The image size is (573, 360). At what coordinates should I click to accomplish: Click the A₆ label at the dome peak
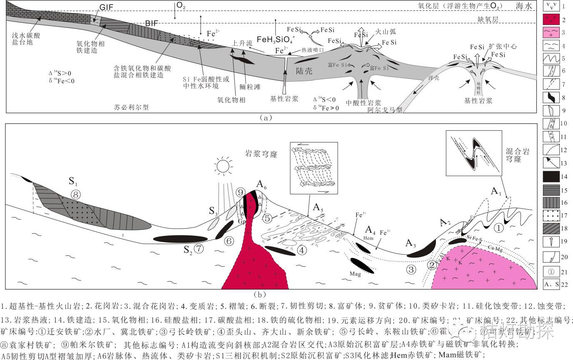262,184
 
